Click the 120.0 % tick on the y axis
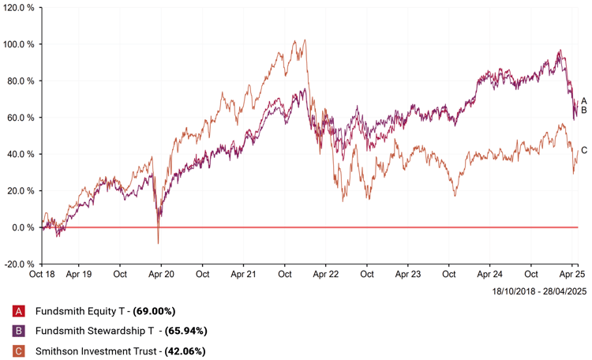pos(20,7)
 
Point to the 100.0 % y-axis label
pos(20,44)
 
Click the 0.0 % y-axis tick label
pos(24,227)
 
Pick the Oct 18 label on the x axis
pos(41,275)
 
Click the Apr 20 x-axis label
pos(161,275)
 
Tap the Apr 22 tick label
pos(325,275)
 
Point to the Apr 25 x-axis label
pos(571,275)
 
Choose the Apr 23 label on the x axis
pos(408,275)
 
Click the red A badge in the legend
pos(19,311)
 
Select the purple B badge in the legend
pos(19,331)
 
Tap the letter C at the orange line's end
pos(584,150)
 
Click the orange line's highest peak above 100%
pos(294,41)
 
